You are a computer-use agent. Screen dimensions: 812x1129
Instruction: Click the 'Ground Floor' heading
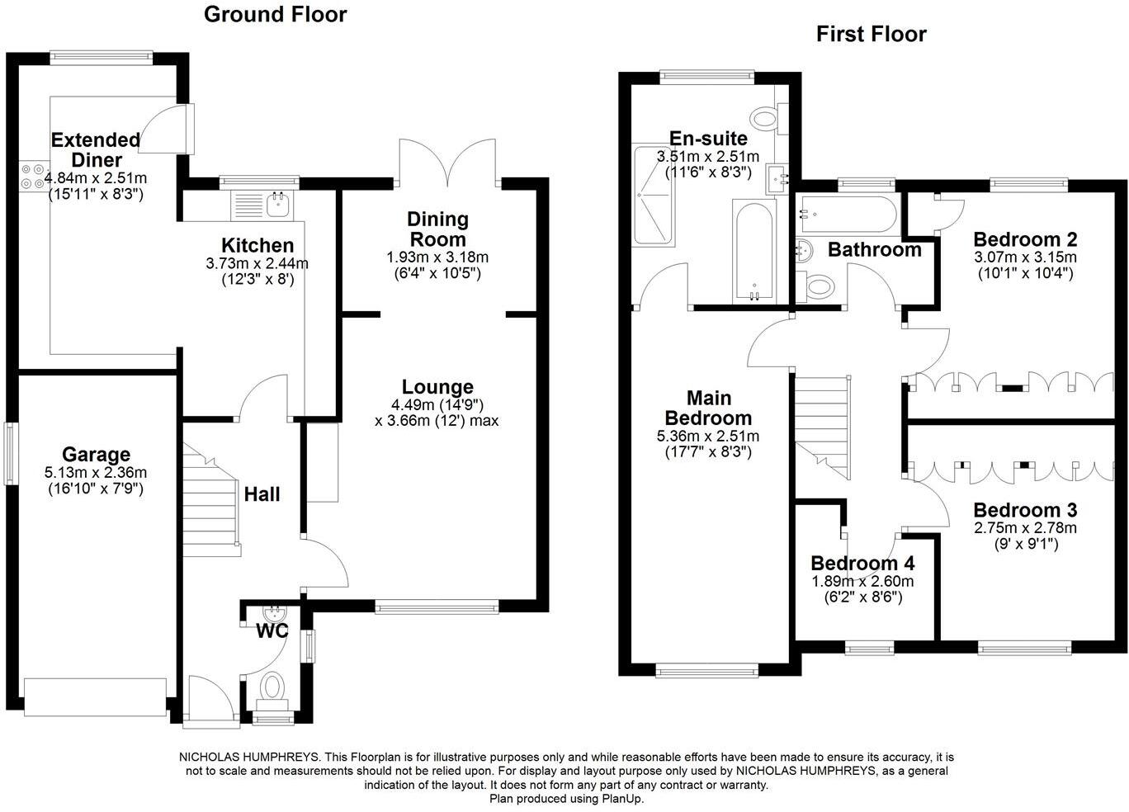pos(275,14)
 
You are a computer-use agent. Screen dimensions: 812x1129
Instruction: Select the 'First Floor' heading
pos(871,34)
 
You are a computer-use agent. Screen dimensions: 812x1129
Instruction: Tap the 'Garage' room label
pos(97,455)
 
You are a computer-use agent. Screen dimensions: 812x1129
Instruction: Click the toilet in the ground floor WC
pos(272,687)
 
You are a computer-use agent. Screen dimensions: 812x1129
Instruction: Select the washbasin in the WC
pos(273,615)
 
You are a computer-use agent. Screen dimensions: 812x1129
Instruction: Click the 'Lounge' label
pos(437,387)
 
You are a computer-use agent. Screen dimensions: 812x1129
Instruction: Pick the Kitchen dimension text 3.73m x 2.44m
pos(257,264)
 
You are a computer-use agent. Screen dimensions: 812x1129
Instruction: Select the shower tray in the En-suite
pos(654,196)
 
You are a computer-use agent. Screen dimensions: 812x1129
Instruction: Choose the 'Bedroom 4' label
pos(862,564)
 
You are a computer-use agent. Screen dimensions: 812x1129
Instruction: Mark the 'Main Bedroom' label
pos(708,408)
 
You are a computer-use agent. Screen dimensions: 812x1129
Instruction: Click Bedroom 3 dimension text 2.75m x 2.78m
pos(1025,528)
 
